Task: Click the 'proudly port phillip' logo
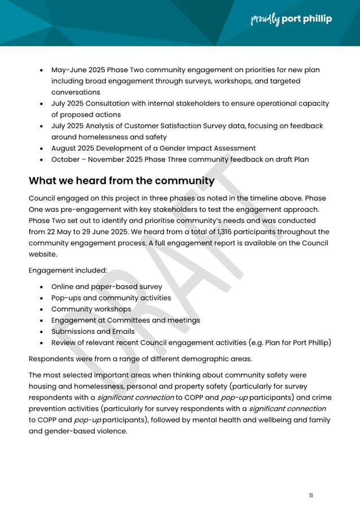(291, 19)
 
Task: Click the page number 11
(311, 495)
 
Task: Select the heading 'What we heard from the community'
(122, 181)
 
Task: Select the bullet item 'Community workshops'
(91, 309)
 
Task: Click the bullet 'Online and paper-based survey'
(106, 286)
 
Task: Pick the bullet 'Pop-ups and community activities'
(111, 298)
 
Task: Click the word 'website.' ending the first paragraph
(43, 255)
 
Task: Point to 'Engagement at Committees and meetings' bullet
(125, 320)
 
